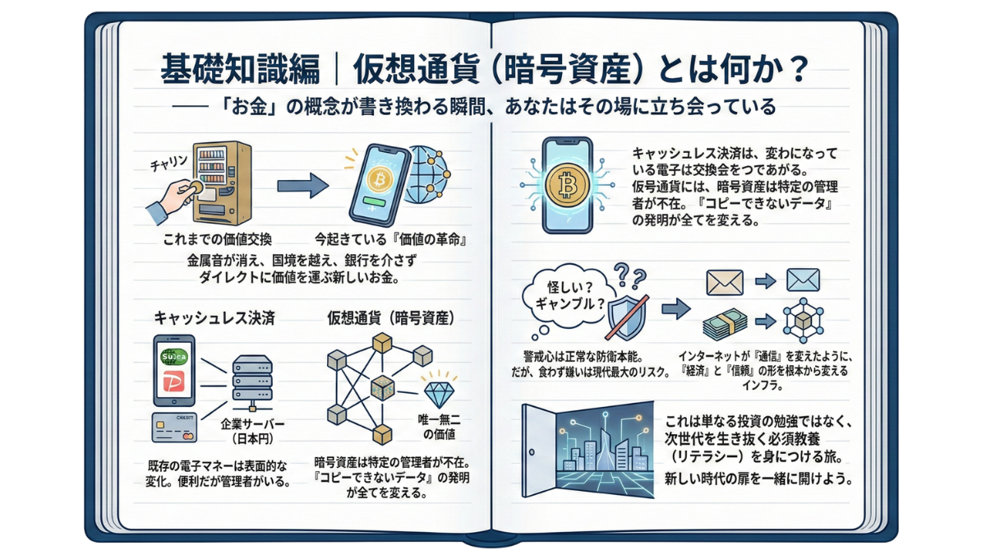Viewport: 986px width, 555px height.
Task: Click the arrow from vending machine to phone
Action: click(302, 187)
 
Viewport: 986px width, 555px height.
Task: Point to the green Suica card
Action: click(174, 357)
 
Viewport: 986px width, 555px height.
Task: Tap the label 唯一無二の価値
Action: click(437, 426)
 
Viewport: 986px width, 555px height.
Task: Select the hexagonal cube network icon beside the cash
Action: click(803, 321)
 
